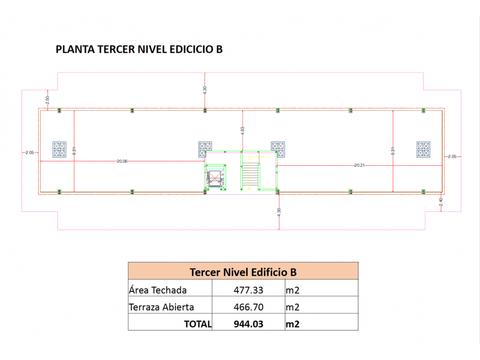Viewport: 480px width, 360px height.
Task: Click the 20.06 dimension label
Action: coord(122,161)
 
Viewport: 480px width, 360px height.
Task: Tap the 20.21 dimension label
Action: coord(360,165)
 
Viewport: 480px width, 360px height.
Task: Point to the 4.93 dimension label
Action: coord(242,130)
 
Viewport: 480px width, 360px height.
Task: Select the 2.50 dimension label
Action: coord(48,99)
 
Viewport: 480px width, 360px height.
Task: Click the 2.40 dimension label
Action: coord(441,202)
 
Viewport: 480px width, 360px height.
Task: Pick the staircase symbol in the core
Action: coord(251,175)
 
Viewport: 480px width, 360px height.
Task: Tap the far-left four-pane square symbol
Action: coord(59,149)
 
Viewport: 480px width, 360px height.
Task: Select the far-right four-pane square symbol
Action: coord(423,149)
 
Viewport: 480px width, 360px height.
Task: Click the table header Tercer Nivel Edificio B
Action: coord(243,272)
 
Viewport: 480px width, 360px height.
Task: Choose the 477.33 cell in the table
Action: coord(247,290)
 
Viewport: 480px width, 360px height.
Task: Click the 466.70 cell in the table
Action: coord(247,307)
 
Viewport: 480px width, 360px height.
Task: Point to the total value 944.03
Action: coord(247,324)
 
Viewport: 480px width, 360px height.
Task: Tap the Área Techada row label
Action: coord(158,290)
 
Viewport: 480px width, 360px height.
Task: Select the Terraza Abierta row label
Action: coord(161,307)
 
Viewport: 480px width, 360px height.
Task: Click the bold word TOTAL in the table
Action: coord(198,324)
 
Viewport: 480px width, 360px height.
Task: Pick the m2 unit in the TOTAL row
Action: coord(293,324)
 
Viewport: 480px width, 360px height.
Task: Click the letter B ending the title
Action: coord(218,49)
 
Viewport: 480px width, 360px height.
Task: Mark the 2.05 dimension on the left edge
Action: coord(30,152)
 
